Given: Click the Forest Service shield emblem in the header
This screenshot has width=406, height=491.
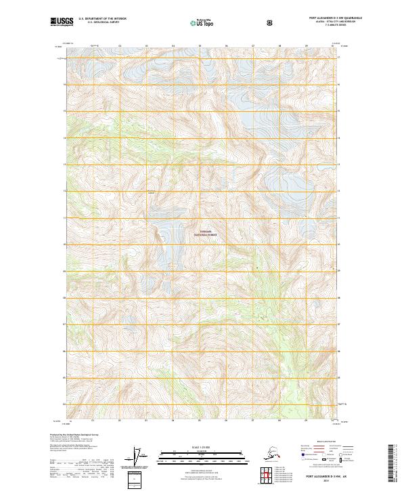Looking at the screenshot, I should [270, 22].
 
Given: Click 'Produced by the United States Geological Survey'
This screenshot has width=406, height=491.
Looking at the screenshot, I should [71, 434].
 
